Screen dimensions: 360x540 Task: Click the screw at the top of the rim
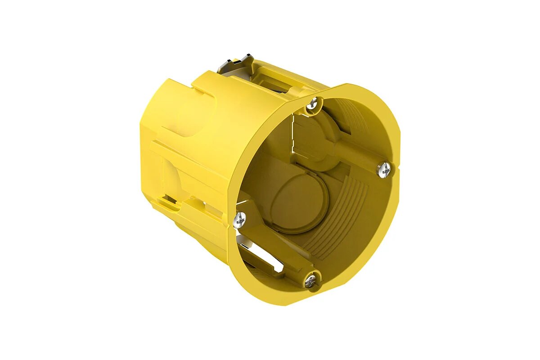click(312, 104)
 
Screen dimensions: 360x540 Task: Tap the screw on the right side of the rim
click(384, 169)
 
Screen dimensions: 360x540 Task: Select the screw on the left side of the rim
click(240, 219)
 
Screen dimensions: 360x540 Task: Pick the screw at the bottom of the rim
click(311, 281)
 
